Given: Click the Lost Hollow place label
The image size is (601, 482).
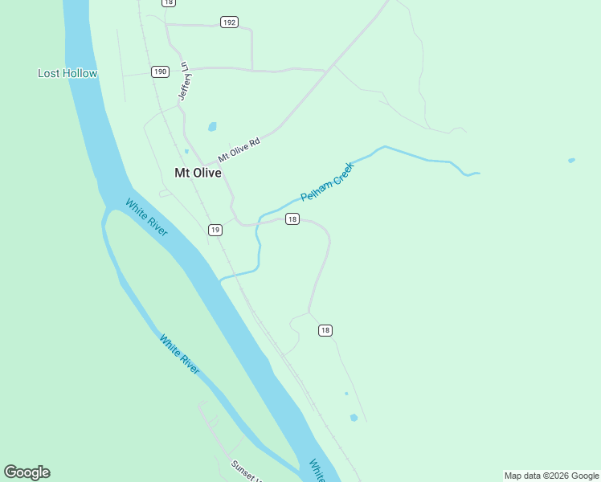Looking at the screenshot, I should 67,73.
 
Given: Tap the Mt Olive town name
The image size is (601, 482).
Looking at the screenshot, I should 198,172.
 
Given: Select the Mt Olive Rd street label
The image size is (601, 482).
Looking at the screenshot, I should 239,149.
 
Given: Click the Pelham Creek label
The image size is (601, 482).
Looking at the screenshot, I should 327,182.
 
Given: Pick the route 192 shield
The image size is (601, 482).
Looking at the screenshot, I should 229,22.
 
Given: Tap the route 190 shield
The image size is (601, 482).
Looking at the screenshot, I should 160,71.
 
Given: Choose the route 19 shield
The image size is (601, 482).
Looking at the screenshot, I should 215,230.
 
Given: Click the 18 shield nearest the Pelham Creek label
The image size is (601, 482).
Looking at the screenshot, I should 292,219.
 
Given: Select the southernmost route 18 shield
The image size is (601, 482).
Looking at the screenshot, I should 325,330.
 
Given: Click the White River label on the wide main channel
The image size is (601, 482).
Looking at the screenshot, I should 146,217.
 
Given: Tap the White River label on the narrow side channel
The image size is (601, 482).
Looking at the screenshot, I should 179,354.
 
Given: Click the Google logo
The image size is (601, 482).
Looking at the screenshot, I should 27,472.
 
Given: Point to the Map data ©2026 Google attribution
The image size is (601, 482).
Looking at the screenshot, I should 552,476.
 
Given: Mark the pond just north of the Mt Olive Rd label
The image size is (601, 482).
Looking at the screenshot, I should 212,126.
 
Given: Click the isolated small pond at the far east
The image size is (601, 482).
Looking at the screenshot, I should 571,161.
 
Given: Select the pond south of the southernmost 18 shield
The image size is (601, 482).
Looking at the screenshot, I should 354,418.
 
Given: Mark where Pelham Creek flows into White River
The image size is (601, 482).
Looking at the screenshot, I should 220,280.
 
